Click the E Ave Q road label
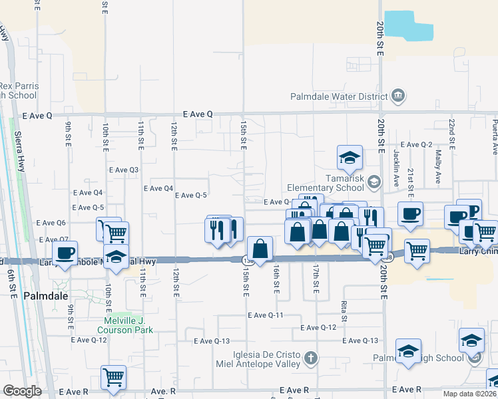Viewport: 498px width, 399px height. click(x=37, y=115)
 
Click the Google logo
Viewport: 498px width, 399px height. click(x=21, y=391)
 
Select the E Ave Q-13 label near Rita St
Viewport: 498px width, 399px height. click(x=360, y=340)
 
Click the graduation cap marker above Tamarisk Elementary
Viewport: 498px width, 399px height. click(x=350, y=158)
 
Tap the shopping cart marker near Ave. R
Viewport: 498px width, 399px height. click(x=113, y=377)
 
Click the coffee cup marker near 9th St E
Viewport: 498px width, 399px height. click(x=65, y=253)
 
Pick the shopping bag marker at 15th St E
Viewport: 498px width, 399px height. click(x=260, y=249)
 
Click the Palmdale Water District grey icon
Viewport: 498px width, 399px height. click(x=398, y=96)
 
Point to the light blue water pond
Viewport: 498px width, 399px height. click(x=408, y=25)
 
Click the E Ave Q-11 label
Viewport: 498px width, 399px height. click(x=266, y=315)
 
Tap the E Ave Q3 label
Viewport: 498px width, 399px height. click(x=124, y=170)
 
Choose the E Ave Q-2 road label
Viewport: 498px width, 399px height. click(x=416, y=145)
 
